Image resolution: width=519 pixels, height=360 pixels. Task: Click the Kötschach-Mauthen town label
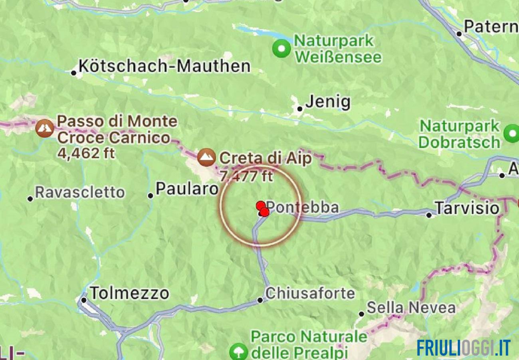[x=164, y=66]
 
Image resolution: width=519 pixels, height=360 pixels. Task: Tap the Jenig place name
[x=328, y=103]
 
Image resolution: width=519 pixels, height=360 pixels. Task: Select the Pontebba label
[x=303, y=208]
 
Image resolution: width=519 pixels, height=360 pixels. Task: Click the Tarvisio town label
[x=467, y=208]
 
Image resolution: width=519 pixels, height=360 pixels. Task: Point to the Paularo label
[x=187, y=189]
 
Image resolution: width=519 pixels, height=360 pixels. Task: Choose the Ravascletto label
[x=80, y=192]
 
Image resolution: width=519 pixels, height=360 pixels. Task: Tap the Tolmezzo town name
[x=129, y=294]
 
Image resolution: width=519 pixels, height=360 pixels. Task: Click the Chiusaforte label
[x=310, y=294]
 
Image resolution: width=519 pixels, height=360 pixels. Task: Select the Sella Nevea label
[x=411, y=308]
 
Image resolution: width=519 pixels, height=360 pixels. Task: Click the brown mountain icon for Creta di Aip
[x=206, y=158]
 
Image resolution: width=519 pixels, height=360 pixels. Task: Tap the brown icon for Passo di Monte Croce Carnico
[x=45, y=128]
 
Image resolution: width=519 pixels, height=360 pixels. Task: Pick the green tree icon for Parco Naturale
[x=239, y=352]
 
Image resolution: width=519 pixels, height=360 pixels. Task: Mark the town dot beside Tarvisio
[x=429, y=215]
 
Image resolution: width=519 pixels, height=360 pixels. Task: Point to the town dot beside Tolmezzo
[x=84, y=300]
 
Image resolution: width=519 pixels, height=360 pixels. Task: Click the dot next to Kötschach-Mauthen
[x=73, y=73]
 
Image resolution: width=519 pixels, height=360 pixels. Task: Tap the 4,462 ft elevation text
[x=85, y=153]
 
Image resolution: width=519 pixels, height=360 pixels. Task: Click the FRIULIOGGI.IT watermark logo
[x=463, y=348]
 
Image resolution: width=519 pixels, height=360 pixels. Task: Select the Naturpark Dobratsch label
[x=460, y=134]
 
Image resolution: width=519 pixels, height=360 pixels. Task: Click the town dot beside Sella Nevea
[x=361, y=314]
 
